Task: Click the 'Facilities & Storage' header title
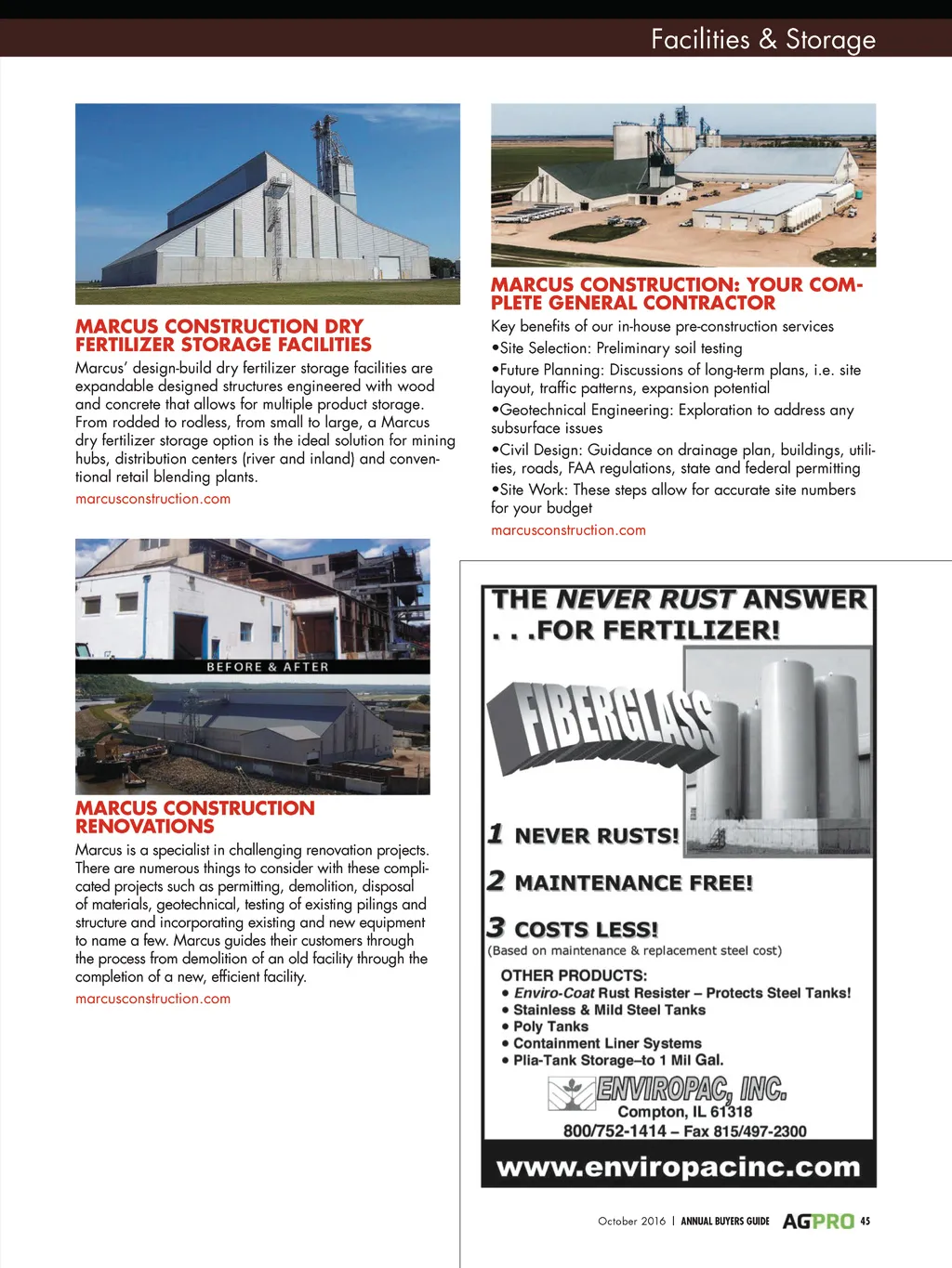762,39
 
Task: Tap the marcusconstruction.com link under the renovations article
152,999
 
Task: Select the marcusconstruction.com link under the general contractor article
568,530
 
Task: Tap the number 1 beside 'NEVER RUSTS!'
496,833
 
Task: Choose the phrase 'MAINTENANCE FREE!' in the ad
633,882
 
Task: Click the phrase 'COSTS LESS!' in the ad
586,929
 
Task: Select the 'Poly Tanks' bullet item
550,1026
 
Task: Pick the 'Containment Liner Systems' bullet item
607,1043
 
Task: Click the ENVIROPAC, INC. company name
691,1089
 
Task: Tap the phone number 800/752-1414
615,1131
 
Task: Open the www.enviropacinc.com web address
679,1167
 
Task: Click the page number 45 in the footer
866,1221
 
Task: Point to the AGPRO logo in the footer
817,1221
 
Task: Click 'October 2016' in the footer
631,1221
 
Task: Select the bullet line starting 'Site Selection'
621,348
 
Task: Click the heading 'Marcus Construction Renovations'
195,817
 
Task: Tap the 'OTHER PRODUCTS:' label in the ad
574,975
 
